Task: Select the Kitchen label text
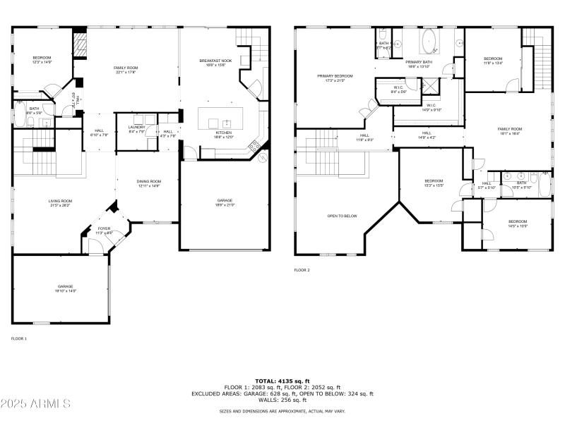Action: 224,135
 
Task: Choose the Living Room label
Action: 61,203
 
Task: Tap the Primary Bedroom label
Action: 335,78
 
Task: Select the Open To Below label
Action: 342,216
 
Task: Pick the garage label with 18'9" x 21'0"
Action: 225,203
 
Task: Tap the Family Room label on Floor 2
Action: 509,130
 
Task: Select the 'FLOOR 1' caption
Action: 19,339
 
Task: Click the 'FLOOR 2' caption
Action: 302,270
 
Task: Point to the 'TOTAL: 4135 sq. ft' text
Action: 282,381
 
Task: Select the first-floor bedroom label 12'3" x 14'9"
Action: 42,59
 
